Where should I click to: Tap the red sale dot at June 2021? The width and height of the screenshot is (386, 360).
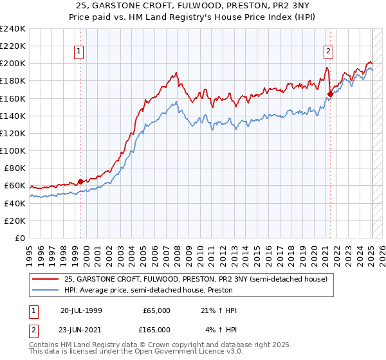coord(330,94)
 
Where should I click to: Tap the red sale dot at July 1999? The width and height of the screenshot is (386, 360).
coord(80,181)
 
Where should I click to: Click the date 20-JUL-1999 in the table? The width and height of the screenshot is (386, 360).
coord(81,310)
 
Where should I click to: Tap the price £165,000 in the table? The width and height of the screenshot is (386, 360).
coord(156,329)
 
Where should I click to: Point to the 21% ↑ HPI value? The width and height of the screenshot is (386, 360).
coord(219,310)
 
